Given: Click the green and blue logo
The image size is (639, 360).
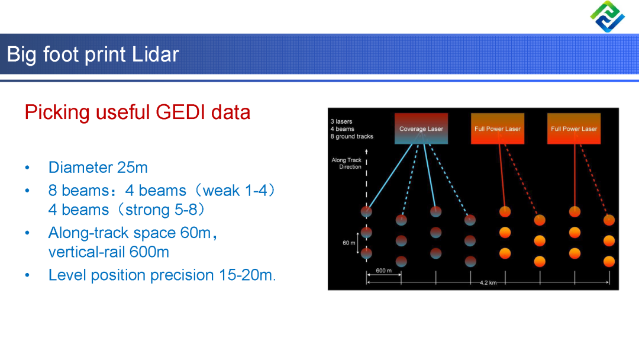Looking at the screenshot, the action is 607,17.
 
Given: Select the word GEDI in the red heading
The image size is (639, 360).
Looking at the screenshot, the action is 180,112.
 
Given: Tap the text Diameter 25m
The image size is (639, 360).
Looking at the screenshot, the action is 98,167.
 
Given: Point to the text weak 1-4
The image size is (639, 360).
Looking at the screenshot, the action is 234,191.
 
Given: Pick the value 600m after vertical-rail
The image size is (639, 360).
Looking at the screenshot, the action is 149,252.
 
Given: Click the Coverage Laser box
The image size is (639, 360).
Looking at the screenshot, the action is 421,128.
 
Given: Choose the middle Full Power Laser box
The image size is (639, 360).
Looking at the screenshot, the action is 497,128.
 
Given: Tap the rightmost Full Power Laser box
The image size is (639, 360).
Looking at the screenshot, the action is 574,128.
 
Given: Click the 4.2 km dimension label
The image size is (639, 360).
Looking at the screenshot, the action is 488,282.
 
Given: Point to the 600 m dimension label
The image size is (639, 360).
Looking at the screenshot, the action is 383,271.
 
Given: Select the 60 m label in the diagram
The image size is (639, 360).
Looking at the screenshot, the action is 348,243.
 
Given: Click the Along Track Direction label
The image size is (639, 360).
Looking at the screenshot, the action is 347,163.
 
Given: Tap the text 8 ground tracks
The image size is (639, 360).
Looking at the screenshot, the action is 351,136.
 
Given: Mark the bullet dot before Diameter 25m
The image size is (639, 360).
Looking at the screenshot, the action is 27,168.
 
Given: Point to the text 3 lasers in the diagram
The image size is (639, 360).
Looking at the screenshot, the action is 341,121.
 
